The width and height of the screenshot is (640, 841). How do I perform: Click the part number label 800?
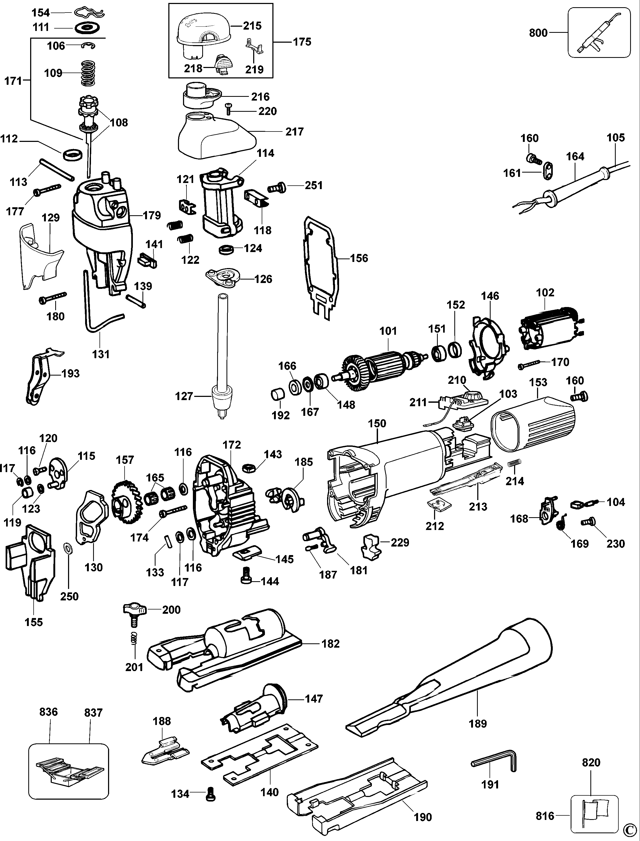(x=538, y=33)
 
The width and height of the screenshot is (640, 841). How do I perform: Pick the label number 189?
(x=478, y=723)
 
